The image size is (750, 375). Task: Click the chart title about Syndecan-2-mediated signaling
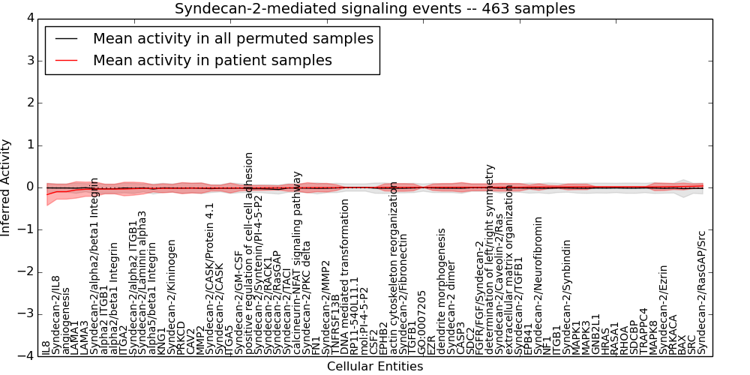point(375,9)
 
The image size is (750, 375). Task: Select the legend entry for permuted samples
point(232,38)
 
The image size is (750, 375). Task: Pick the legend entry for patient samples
point(212,60)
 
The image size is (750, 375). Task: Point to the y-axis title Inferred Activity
point(7,187)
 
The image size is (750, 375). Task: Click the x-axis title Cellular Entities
point(375,366)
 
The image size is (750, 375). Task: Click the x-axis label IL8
point(46,347)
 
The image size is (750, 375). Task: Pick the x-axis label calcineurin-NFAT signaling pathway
point(297,262)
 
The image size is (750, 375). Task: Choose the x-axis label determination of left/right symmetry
point(490,259)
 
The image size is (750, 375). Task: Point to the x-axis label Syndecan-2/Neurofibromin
point(538,285)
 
